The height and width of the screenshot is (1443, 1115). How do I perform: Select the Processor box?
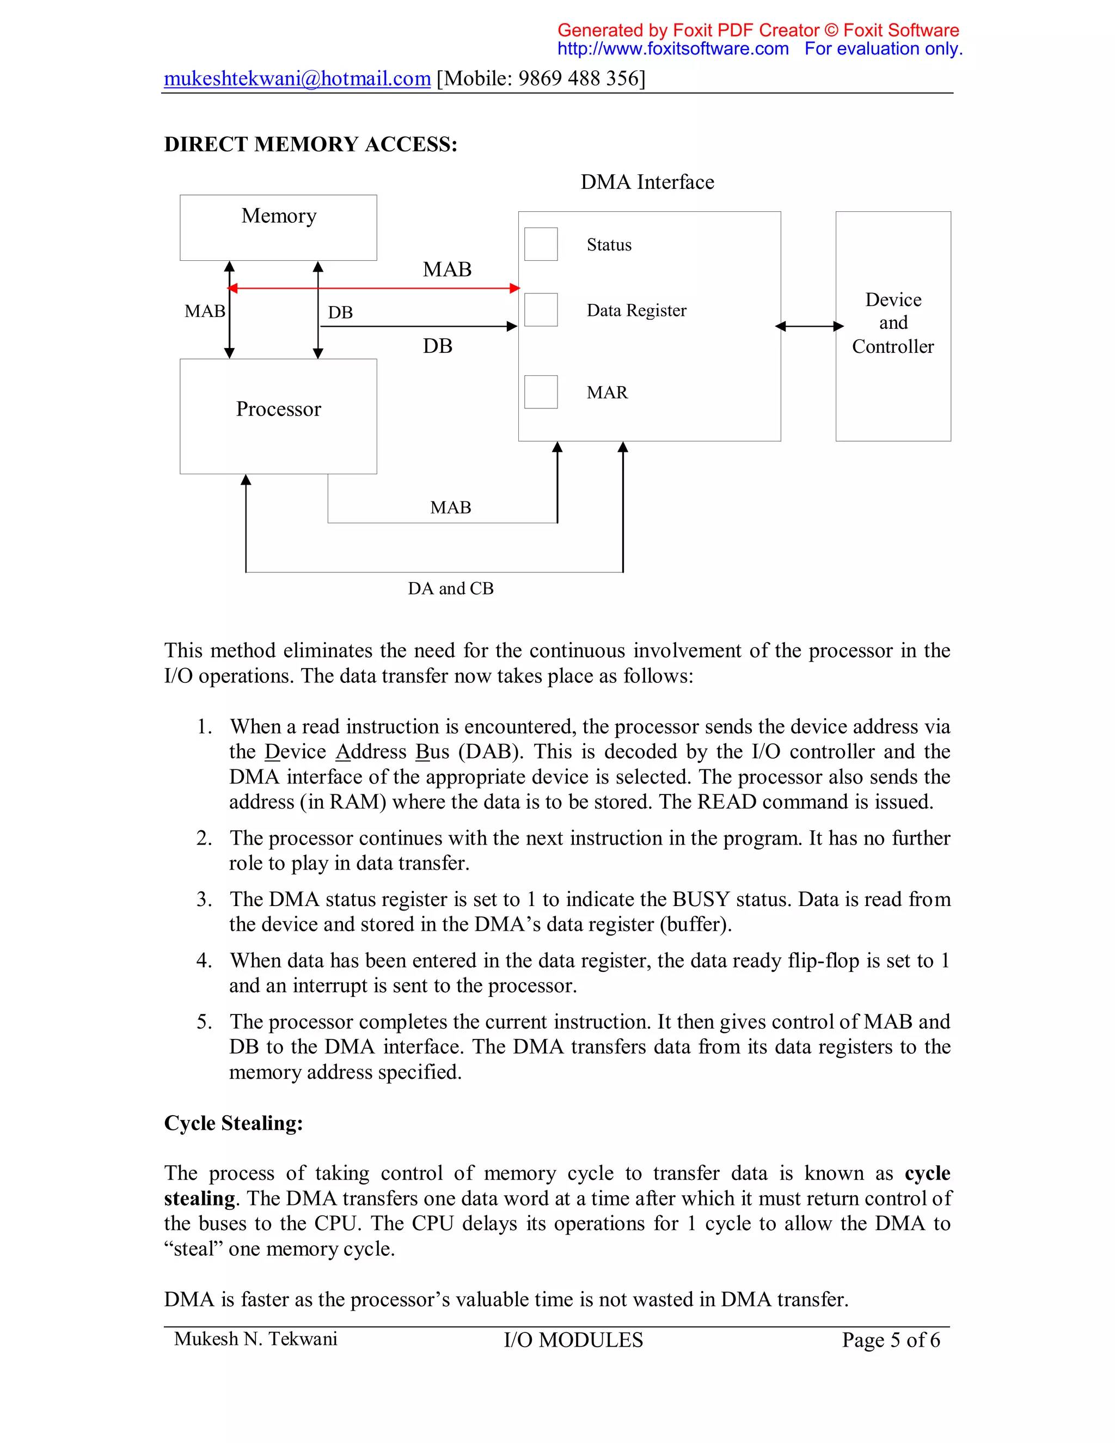pyautogui.click(x=278, y=416)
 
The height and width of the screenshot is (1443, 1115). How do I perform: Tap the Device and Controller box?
pyautogui.click(x=892, y=326)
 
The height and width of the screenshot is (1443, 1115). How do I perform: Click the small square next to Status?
pyautogui.click(x=540, y=244)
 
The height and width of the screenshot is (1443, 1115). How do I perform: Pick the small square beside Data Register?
pyautogui.click(x=540, y=310)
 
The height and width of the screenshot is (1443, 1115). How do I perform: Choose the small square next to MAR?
pyautogui.click(x=540, y=392)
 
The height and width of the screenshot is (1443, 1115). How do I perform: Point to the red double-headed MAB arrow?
pyautogui.click(x=373, y=288)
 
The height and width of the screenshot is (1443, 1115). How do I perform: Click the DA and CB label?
pyautogui.click(x=450, y=589)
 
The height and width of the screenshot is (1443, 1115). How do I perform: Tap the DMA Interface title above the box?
pyautogui.click(x=647, y=182)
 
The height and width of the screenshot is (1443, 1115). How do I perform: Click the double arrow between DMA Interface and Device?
pyautogui.click(x=808, y=326)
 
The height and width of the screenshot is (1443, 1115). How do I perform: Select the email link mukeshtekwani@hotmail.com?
pyautogui.click(x=297, y=78)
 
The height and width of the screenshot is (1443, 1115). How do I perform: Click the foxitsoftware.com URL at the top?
pyautogui.click(x=672, y=49)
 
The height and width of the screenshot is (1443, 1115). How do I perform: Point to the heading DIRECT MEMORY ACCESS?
pyautogui.click(x=310, y=145)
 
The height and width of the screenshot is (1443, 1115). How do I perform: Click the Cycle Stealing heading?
pyautogui.click(x=233, y=1123)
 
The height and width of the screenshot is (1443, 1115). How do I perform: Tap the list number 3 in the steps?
pyautogui.click(x=204, y=899)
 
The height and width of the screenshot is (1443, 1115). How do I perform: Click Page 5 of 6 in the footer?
pyautogui.click(x=890, y=1340)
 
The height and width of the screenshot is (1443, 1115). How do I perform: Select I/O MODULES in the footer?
pyautogui.click(x=573, y=1340)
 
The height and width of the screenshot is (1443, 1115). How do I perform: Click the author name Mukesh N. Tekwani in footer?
pyautogui.click(x=256, y=1338)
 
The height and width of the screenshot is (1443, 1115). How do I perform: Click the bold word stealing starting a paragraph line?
pyautogui.click(x=199, y=1199)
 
